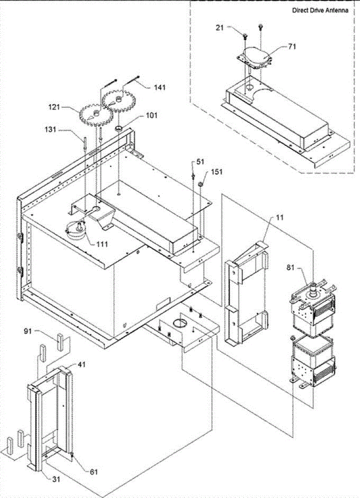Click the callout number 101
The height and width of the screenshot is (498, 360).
151,116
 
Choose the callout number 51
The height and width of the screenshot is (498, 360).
201,162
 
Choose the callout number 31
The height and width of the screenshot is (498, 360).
56,479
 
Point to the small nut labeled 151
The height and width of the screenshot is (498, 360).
200,183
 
